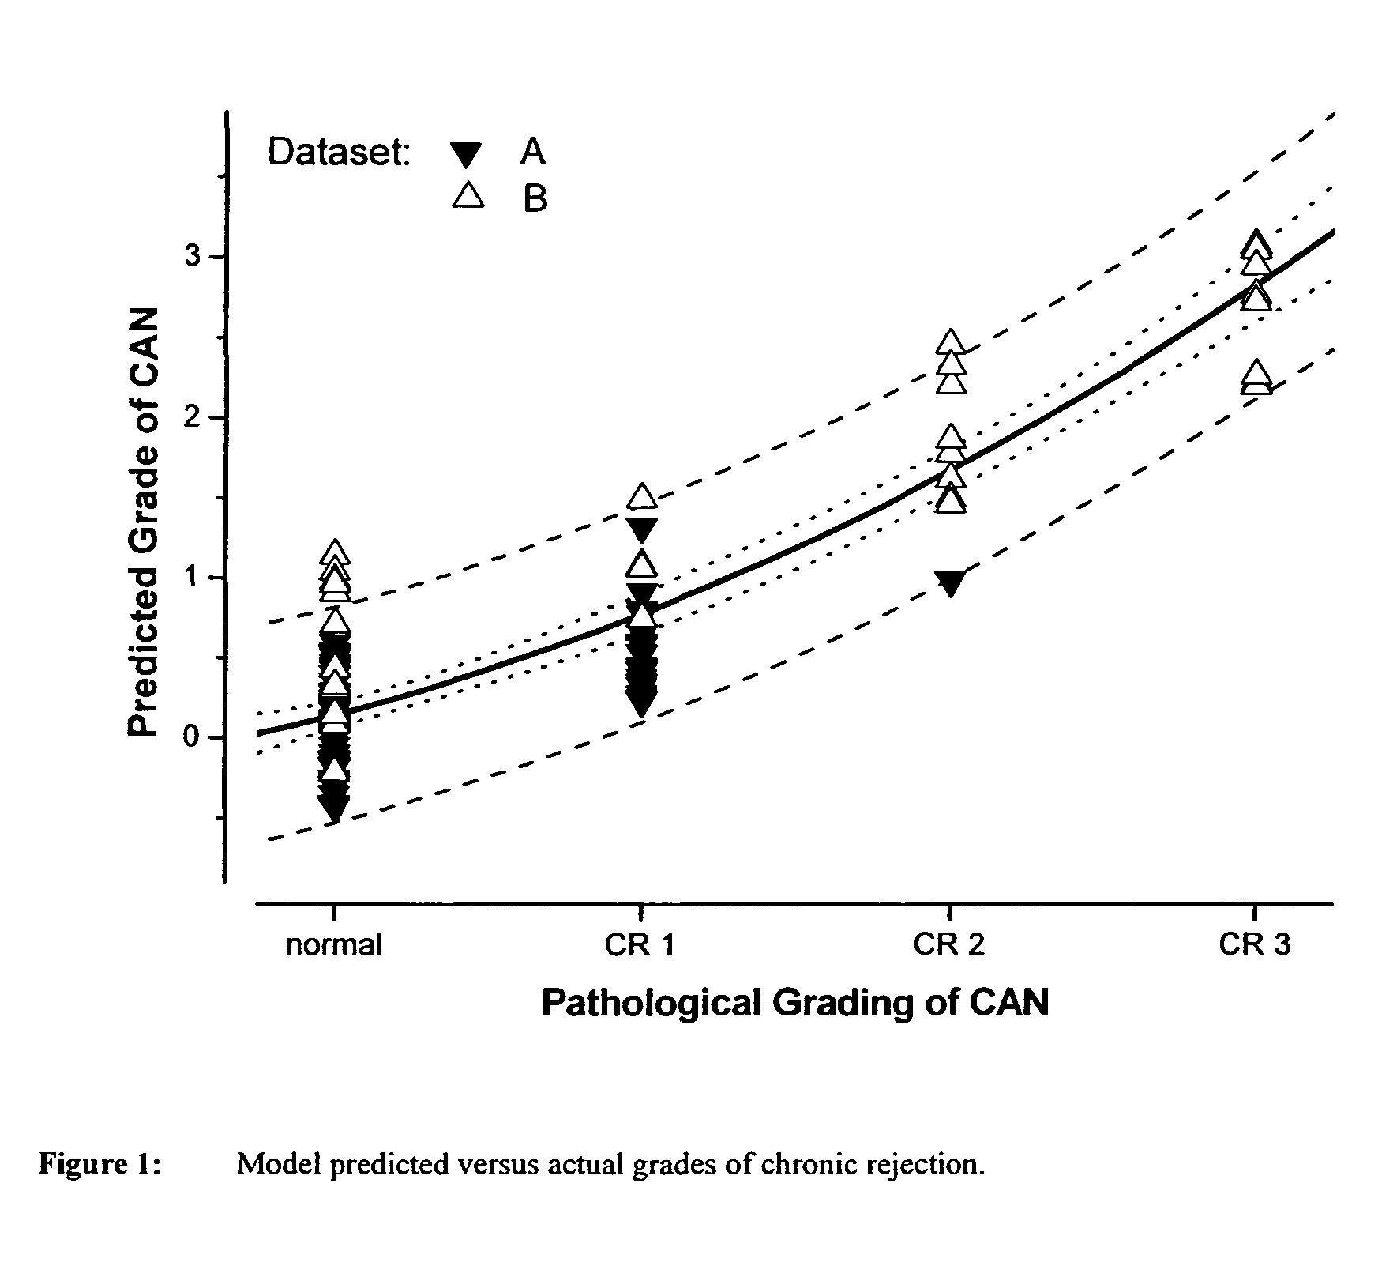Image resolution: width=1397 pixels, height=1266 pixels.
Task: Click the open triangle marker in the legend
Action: [468, 194]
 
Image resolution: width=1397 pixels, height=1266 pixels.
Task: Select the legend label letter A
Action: [532, 151]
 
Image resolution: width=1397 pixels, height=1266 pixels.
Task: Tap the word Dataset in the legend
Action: [339, 151]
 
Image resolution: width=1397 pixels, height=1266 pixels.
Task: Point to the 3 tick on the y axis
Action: [193, 257]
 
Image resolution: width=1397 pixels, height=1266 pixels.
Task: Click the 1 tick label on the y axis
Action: [193, 578]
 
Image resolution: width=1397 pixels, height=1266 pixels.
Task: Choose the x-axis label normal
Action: [334, 944]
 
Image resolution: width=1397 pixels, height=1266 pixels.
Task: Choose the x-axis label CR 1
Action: [640, 944]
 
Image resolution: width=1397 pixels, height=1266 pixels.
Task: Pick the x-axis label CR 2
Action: [948, 944]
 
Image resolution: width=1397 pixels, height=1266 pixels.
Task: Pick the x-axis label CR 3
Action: [1255, 944]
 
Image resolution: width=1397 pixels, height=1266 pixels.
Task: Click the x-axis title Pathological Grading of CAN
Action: [794, 1002]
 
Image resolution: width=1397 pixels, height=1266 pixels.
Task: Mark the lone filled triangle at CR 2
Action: [950, 584]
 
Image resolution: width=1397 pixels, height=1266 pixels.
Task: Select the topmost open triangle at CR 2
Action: [951, 343]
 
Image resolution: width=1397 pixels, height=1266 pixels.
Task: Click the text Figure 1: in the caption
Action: [100, 1164]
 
